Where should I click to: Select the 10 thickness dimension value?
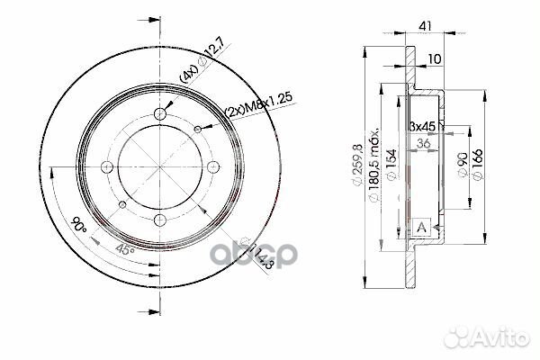435,59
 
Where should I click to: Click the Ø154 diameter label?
392,165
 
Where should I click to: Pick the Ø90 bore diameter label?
463,165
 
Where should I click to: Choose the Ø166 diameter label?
478,165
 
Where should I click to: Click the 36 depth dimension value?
424,143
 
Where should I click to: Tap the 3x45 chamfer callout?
422,126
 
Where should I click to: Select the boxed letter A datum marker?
421,228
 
